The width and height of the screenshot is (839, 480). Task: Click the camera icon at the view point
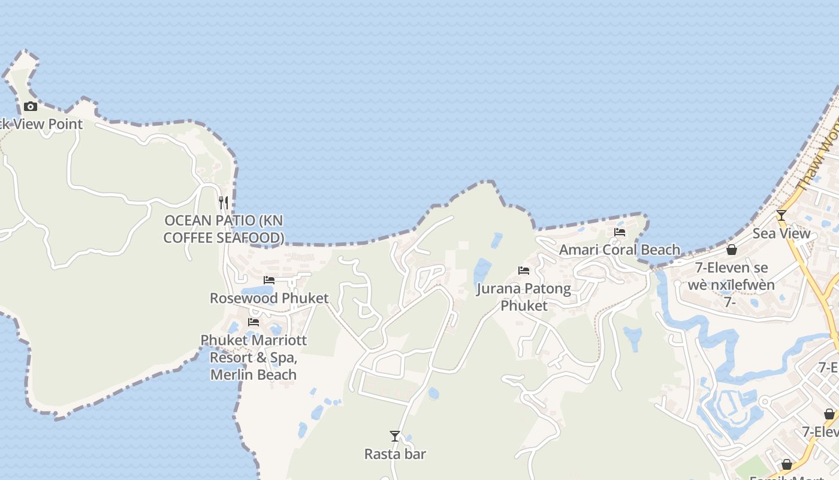31,107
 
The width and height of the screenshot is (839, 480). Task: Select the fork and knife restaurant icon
224,203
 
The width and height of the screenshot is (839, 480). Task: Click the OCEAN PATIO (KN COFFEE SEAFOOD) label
224,229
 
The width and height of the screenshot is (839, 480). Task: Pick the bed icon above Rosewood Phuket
269,280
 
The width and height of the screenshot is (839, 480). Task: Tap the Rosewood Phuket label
269,298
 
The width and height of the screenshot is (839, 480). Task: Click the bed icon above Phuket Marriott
253,322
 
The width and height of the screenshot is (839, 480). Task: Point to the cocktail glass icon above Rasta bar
395,436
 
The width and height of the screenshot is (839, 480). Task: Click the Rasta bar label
395,454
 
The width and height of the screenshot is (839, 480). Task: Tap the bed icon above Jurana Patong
524,271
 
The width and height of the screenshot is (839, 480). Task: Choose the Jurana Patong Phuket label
524,297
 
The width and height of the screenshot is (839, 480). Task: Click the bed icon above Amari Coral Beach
620,232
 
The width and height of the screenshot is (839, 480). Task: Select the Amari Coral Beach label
620,250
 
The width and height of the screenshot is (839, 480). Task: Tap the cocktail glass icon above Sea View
781,215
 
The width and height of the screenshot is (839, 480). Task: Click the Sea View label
781,233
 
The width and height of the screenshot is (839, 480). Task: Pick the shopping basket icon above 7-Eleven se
732,250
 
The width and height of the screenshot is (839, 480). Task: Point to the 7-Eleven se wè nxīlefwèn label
731,276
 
